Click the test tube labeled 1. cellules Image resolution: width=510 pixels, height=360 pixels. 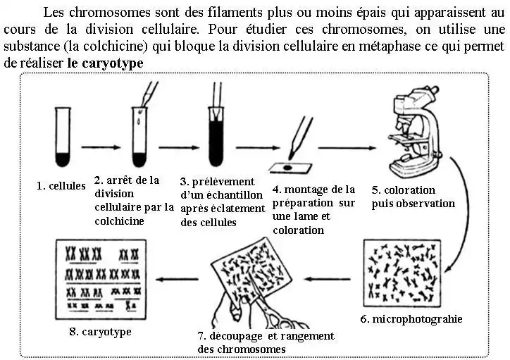pyautogui.click(x=63, y=137)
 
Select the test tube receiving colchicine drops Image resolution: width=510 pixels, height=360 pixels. pyautogui.click(x=139, y=137)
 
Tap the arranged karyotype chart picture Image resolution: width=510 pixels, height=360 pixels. pyautogui.click(x=101, y=279)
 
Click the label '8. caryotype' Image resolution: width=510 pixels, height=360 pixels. pyautogui.click(x=100, y=331)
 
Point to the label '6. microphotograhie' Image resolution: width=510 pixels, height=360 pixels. pyautogui.click(x=411, y=319)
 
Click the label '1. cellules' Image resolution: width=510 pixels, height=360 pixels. pyautogui.click(x=61, y=186)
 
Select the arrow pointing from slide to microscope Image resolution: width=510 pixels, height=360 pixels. pyautogui.click(x=344, y=148)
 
